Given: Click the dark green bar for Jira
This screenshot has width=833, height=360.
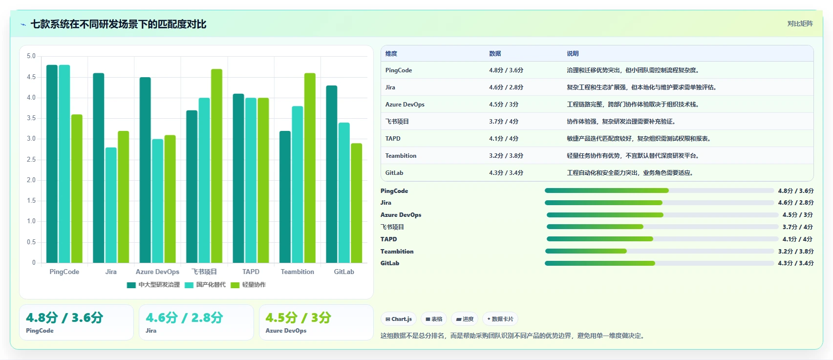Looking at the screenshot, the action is click(99, 168).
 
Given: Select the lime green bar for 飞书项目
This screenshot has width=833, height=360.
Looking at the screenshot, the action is click(216, 166).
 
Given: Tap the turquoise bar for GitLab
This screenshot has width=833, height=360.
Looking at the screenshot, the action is click(344, 192).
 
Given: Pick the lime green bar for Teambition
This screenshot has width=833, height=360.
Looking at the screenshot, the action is click(310, 168).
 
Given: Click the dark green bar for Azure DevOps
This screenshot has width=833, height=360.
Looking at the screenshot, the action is click(145, 170).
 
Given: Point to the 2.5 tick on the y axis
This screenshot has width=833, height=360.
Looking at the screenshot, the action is click(31, 160).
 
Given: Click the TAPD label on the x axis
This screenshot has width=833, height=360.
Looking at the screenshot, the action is click(251, 272).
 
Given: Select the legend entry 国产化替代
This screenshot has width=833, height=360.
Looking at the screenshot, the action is click(205, 285).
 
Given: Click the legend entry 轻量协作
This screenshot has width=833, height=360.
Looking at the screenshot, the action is click(248, 285).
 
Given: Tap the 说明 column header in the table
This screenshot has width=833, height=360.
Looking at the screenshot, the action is click(573, 54).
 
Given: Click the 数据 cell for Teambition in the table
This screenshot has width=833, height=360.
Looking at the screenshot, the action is click(506, 156).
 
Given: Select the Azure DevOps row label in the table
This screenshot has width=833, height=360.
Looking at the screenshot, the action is click(405, 105).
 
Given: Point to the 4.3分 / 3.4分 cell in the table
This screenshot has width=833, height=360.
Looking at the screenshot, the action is click(506, 173).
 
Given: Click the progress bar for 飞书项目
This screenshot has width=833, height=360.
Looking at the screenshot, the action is click(662, 227).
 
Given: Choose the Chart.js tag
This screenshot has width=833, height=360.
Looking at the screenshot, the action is click(399, 319).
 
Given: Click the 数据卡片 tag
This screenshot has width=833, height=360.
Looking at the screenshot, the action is click(500, 319).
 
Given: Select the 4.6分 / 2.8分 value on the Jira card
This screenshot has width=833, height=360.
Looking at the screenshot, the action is click(185, 318).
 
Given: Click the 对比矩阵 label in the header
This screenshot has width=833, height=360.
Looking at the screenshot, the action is click(800, 24).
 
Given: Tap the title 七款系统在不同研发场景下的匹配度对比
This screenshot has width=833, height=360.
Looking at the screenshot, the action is click(118, 24).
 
